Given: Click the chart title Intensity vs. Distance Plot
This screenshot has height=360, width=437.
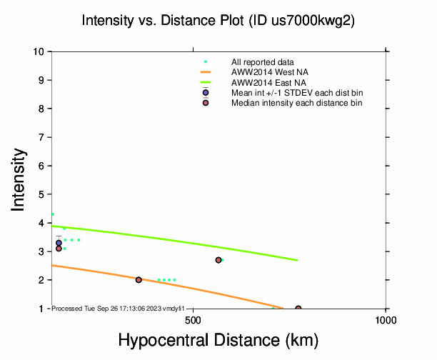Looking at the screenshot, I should pyautogui.click(x=218, y=21).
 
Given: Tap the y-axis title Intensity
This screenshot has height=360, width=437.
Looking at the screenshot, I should pyautogui.click(x=20, y=179).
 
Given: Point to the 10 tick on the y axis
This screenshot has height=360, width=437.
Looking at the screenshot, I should pyautogui.click(x=40, y=51).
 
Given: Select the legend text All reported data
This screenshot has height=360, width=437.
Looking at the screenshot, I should pyautogui.click(x=263, y=62).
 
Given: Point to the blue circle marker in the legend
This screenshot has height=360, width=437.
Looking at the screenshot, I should pyautogui.click(x=206, y=93).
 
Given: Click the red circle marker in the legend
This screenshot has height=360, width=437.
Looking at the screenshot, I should pyautogui.click(x=206, y=103).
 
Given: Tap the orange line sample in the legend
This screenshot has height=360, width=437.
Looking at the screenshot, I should pyautogui.click(x=206, y=72).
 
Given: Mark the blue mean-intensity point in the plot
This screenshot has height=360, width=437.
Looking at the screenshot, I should pyautogui.click(x=59, y=243).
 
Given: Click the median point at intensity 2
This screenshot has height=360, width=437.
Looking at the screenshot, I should pyautogui.click(x=139, y=280).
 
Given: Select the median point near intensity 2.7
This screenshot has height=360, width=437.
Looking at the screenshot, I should pyautogui.click(x=218, y=260).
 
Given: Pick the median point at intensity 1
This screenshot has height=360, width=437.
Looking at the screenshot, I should pyautogui.click(x=298, y=309).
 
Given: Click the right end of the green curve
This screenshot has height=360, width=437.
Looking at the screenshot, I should pyautogui.click(x=297, y=260).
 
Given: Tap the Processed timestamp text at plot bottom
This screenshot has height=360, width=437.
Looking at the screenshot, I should pyautogui.click(x=119, y=308).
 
